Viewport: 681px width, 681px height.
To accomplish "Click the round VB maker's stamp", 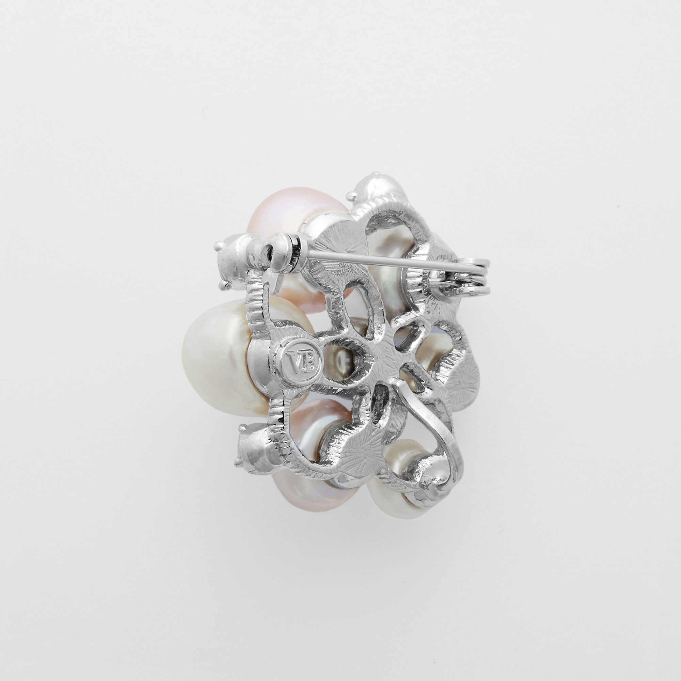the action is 302,362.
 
